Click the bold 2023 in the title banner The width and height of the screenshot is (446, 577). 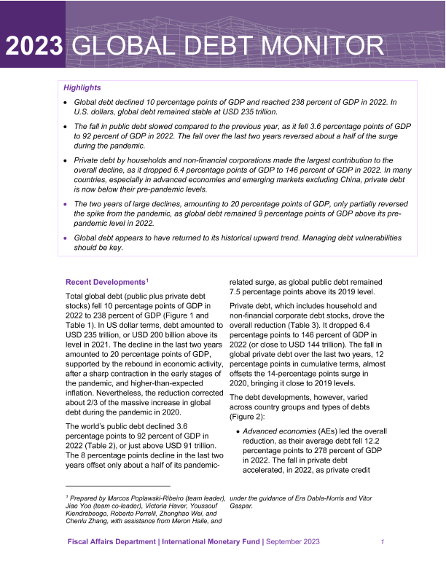(x=34, y=47)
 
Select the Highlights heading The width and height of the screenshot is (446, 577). (x=82, y=87)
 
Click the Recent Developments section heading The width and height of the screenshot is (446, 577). (x=105, y=281)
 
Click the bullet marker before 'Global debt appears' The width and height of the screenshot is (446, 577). (x=66, y=238)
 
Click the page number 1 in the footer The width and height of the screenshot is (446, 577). (x=383, y=542)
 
